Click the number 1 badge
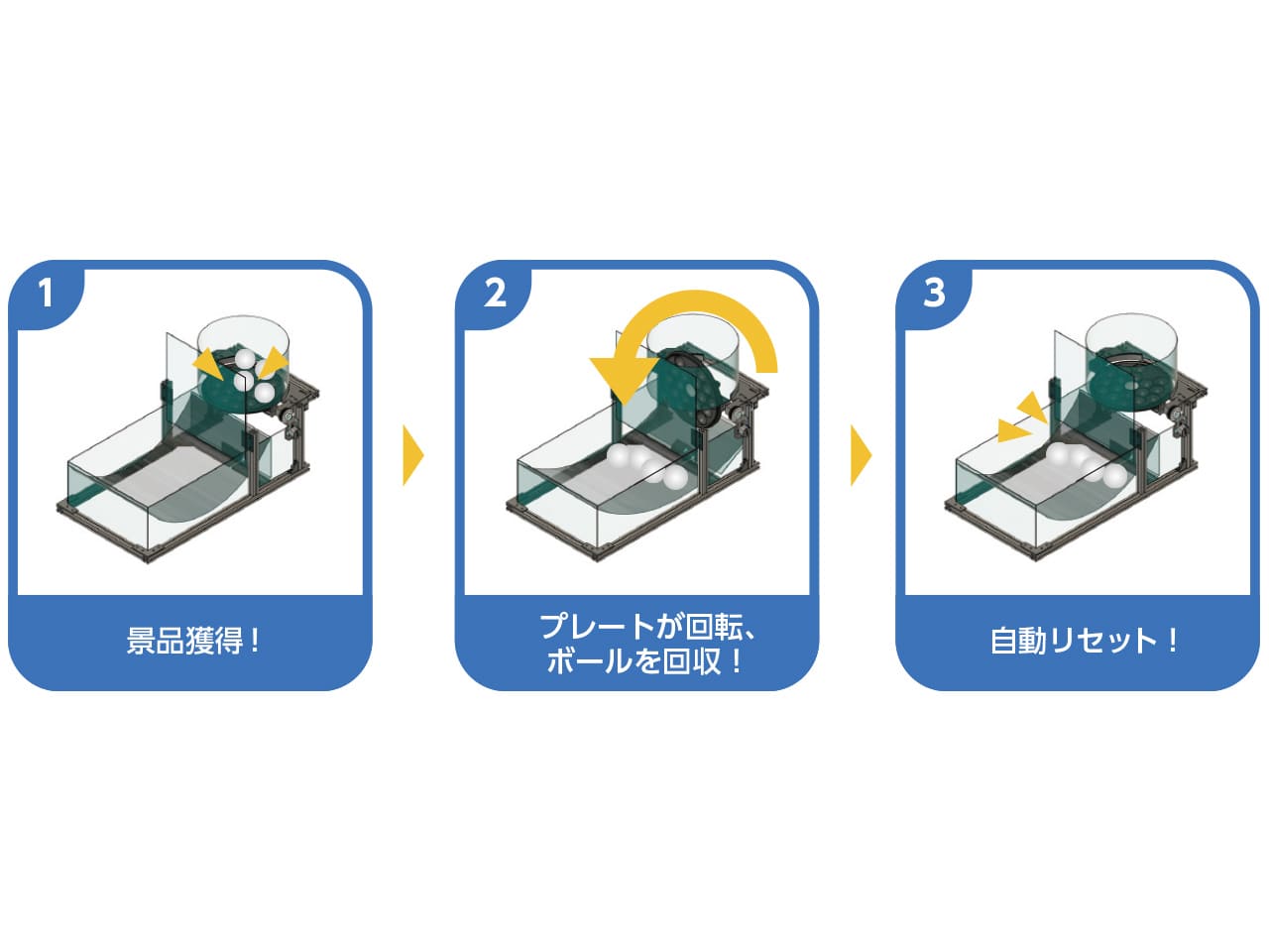coord(45,293)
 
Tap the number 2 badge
coord(495,293)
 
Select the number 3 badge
coord(934,293)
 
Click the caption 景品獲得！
coord(192,641)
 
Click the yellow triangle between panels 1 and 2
coord(411,455)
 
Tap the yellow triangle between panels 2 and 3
coord(860,455)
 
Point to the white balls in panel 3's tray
coord(1086,464)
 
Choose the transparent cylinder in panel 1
coord(243,337)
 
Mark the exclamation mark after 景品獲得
coord(256,641)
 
